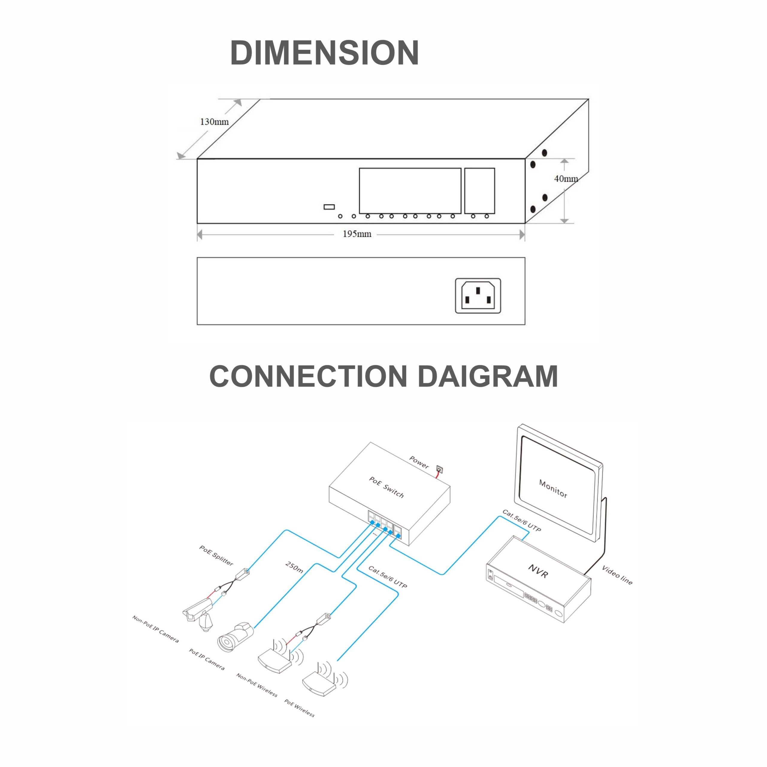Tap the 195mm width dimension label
357,234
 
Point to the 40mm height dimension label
566,179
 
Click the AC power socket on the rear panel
478,296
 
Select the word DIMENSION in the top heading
324,52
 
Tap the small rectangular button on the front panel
329,207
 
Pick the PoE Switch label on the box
386,487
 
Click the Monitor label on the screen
553,488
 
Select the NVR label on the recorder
538,571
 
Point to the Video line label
617,575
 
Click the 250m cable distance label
294,567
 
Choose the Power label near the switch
419,462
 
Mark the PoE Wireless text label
299,707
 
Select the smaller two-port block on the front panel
480,191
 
